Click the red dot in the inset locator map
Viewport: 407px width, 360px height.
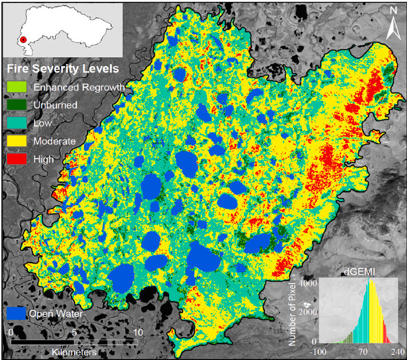[23, 40]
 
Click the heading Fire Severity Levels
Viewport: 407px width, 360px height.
[62, 69]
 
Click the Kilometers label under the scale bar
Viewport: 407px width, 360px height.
[74, 352]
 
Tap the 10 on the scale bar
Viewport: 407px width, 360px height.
[138, 332]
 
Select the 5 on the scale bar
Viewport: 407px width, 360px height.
[74, 332]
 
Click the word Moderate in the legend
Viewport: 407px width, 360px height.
[54, 141]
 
